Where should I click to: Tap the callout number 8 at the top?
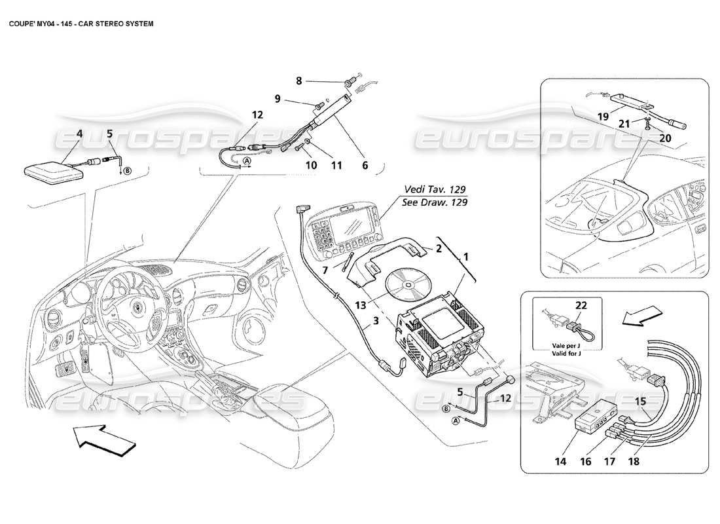[298, 81]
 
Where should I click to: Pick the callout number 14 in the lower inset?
[561, 461]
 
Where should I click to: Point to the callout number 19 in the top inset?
[603, 116]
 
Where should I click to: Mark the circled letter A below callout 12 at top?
[247, 161]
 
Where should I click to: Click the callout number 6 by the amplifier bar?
[365, 166]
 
